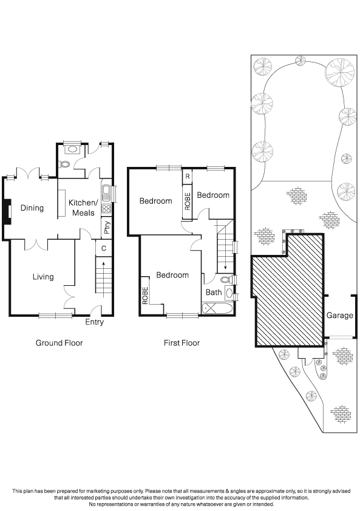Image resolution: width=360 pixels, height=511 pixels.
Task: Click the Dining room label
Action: tap(32, 208)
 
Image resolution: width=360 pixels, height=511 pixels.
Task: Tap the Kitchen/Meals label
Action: tap(83, 208)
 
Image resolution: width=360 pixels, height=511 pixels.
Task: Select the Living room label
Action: tap(43, 277)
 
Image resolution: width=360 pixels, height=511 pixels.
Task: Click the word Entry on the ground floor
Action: tap(94, 322)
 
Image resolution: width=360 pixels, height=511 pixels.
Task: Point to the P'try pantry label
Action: tap(107, 228)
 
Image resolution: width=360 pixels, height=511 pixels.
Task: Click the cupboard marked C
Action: tap(104, 248)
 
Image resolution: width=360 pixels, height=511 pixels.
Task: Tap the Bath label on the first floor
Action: tap(214, 293)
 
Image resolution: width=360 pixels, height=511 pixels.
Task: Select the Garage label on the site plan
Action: tap(340, 316)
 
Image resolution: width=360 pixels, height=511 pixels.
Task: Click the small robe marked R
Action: tap(187, 177)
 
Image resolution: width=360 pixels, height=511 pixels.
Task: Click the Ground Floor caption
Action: tap(59, 343)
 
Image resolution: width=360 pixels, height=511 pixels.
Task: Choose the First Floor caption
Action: tap(182, 343)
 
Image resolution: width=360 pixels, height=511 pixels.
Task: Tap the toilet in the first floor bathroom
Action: tap(226, 279)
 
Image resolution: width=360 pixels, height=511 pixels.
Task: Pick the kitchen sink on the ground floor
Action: tap(106, 193)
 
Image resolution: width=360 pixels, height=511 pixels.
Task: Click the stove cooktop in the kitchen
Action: tap(106, 209)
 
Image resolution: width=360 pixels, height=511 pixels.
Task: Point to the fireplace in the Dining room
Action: tap(7, 211)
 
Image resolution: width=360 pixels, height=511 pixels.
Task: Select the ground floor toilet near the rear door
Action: tap(65, 164)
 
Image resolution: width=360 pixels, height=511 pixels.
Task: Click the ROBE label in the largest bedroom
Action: tap(146, 296)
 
